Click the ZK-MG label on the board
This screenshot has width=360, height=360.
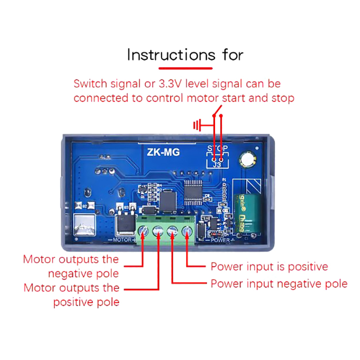[x=163, y=152]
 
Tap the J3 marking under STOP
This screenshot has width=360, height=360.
[x=217, y=165]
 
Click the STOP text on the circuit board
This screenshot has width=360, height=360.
[x=217, y=148]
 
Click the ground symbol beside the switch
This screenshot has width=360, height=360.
[x=196, y=125]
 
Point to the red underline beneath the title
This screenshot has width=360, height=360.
[x=185, y=68]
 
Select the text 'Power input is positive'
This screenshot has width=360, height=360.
[x=269, y=266]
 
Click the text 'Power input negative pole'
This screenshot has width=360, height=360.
[x=279, y=283]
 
